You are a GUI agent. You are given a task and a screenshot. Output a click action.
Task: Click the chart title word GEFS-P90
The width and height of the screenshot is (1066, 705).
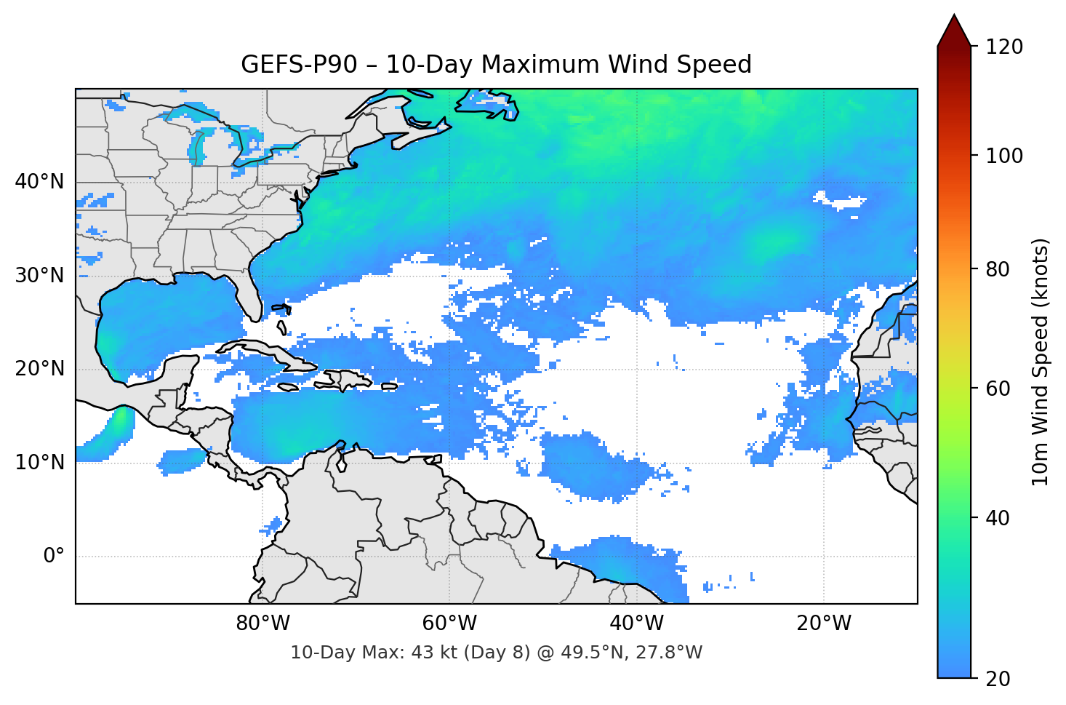(299, 65)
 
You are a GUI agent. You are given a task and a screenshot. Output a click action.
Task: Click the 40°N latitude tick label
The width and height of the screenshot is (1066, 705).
(39, 181)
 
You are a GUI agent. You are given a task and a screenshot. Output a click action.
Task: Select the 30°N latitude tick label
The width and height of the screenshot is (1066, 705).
(39, 276)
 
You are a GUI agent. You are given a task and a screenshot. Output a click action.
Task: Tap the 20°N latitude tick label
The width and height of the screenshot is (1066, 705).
(39, 369)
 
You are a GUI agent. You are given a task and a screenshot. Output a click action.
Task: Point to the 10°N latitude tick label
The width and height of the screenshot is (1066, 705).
(39, 462)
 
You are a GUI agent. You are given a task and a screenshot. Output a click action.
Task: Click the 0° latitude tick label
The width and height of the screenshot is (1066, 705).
(54, 556)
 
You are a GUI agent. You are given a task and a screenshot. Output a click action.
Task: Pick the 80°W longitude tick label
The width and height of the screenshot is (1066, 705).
(263, 624)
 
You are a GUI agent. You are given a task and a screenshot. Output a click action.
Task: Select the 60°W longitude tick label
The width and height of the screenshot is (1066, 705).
(449, 624)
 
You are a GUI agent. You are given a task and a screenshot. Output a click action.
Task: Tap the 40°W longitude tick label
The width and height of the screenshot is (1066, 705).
(636, 624)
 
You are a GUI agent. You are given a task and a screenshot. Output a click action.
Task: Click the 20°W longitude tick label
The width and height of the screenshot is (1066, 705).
(823, 624)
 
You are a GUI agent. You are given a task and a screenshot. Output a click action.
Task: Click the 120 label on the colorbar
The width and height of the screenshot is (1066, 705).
(1004, 47)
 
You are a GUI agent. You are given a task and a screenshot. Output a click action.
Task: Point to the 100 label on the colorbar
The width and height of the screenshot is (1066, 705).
(1004, 156)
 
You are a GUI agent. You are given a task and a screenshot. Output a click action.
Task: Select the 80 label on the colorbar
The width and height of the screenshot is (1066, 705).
(997, 269)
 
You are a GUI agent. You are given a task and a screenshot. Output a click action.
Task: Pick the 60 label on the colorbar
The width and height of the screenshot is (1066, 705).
(997, 389)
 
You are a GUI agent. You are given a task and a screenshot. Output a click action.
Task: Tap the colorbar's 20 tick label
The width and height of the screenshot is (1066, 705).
(997, 678)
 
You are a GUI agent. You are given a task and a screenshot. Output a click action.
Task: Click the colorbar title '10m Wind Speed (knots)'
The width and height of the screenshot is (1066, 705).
(1041, 362)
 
